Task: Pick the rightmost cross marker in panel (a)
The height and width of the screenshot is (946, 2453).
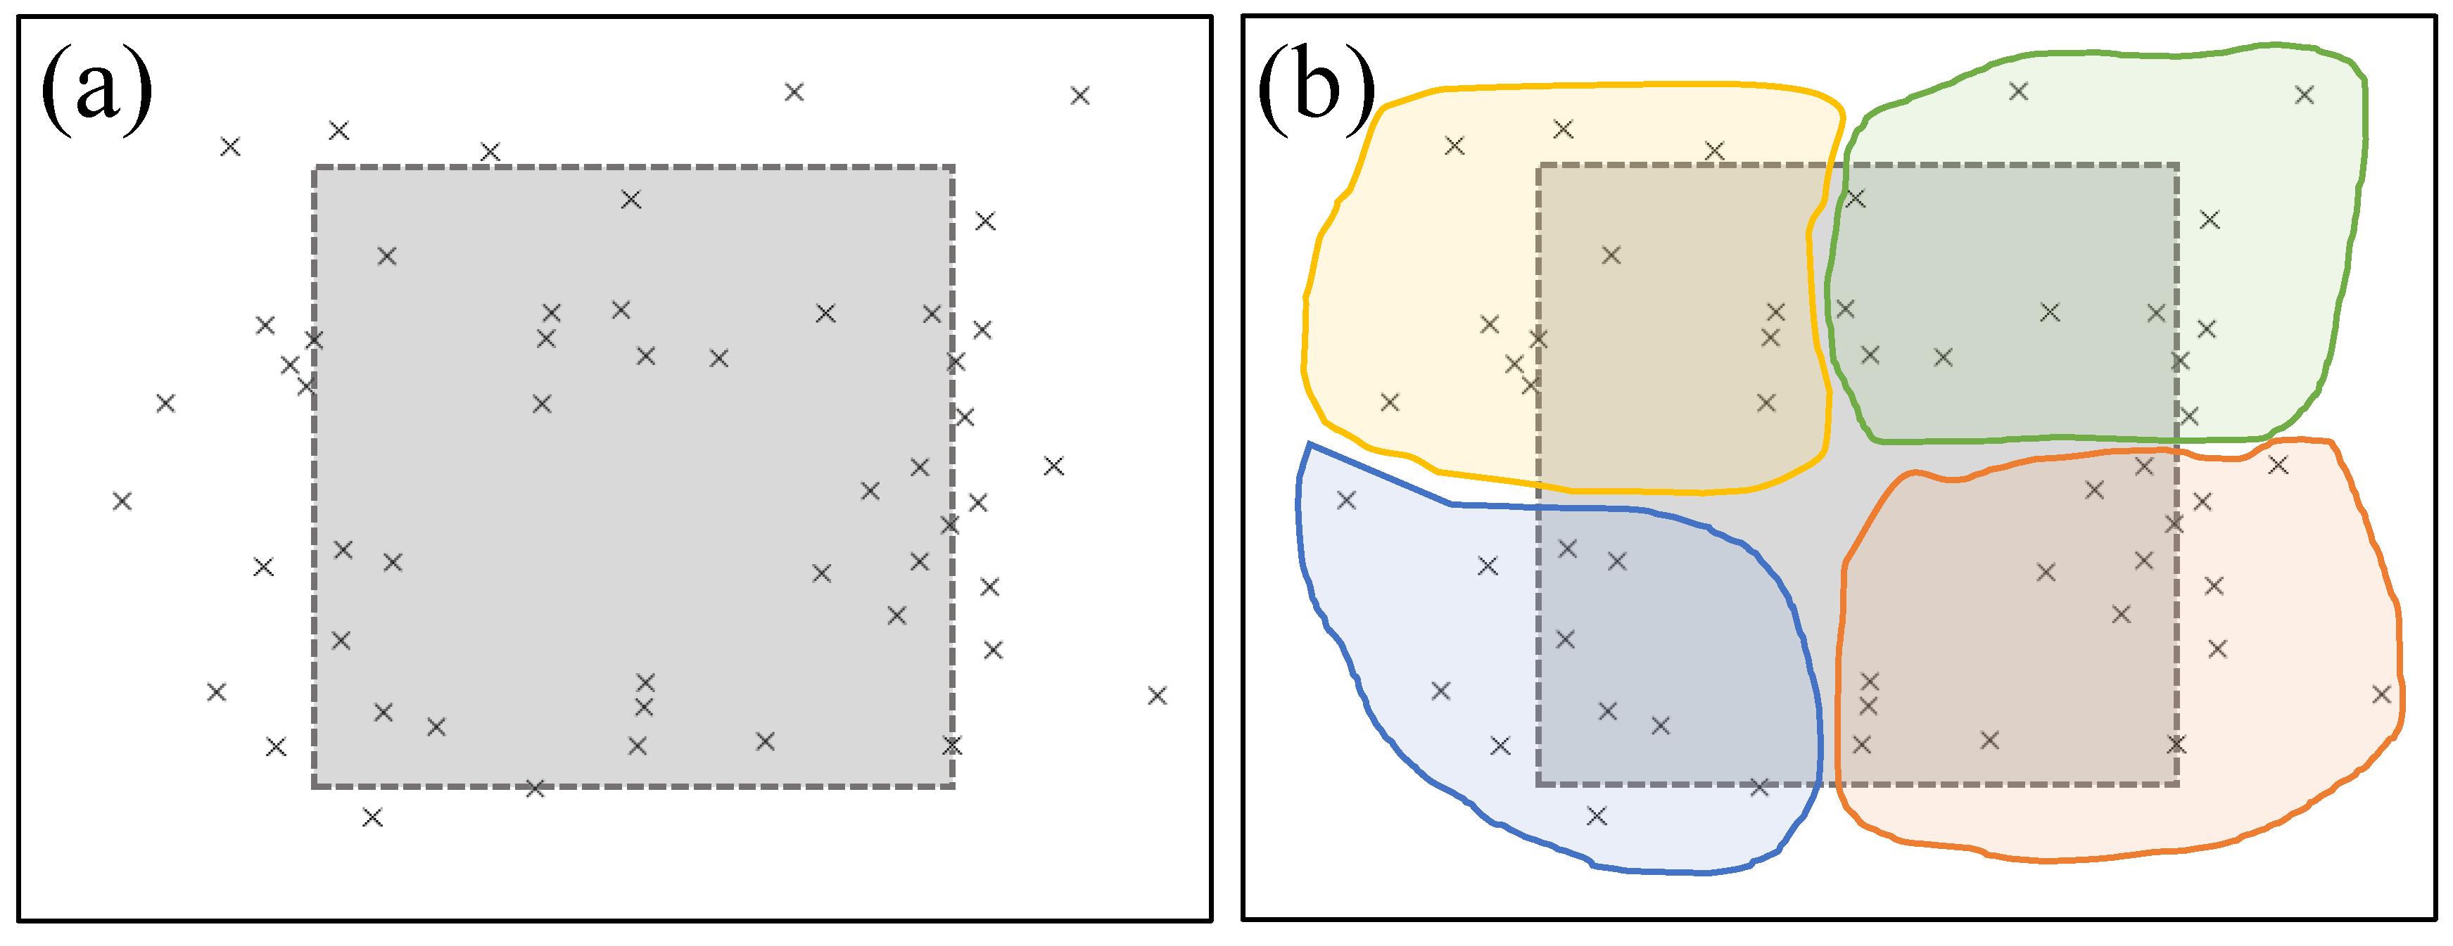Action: (1157, 696)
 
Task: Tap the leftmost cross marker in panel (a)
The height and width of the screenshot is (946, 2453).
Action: (122, 501)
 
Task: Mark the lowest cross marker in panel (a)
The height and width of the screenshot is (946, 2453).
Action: (372, 817)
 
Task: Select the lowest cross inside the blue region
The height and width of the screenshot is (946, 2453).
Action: (1597, 816)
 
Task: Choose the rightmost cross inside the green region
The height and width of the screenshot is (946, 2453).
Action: (2305, 94)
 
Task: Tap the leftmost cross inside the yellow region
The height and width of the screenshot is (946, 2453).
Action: (1390, 402)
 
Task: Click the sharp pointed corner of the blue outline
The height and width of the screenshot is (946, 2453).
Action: (1310, 444)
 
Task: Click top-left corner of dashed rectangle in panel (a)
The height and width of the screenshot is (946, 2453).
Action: (315, 167)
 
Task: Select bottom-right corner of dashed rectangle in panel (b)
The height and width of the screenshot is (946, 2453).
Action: (2177, 785)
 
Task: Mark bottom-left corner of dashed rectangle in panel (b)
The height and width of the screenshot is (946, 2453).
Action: (1539, 785)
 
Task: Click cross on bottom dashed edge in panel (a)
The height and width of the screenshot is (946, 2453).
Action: (535, 788)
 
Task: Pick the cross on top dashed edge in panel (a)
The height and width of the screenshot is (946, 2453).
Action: (490, 151)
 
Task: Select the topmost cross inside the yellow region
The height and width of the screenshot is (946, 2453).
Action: (1563, 129)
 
